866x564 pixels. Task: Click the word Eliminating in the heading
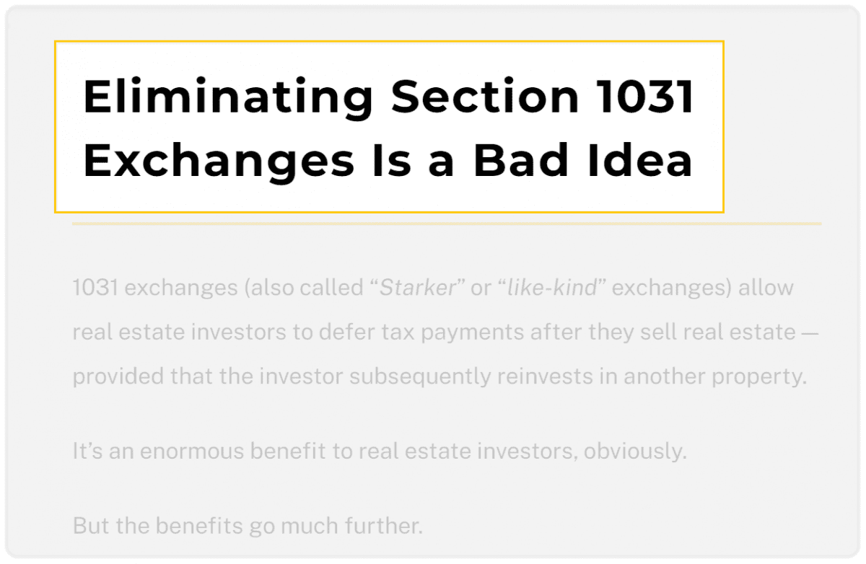(228, 97)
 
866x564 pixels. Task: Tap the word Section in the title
(485, 96)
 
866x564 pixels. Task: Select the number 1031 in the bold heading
(644, 96)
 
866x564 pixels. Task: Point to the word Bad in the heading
(521, 160)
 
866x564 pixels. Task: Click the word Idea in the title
(640, 160)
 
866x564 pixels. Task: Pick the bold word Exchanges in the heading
(219, 161)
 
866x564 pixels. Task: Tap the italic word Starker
(418, 287)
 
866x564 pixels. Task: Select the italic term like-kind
(552, 287)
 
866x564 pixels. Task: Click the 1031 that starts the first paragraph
(95, 287)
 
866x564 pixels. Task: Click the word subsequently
(420, 377)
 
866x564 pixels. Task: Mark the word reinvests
(545, 376)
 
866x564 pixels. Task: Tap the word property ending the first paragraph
(759, 377)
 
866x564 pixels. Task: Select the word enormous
(192, 451)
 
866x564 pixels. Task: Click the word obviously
(635, 451)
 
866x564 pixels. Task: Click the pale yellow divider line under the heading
(447, 224)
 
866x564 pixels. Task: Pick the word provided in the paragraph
(118, 377)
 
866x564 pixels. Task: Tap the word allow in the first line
(766, 287)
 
